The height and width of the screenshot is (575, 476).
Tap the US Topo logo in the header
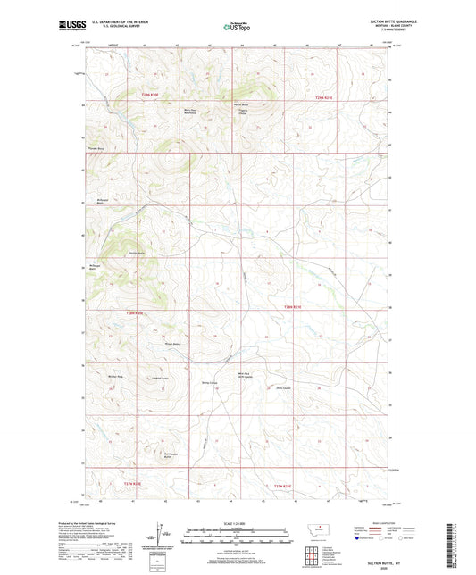click(237, 27)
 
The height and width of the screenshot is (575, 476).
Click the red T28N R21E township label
click(294, 307)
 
